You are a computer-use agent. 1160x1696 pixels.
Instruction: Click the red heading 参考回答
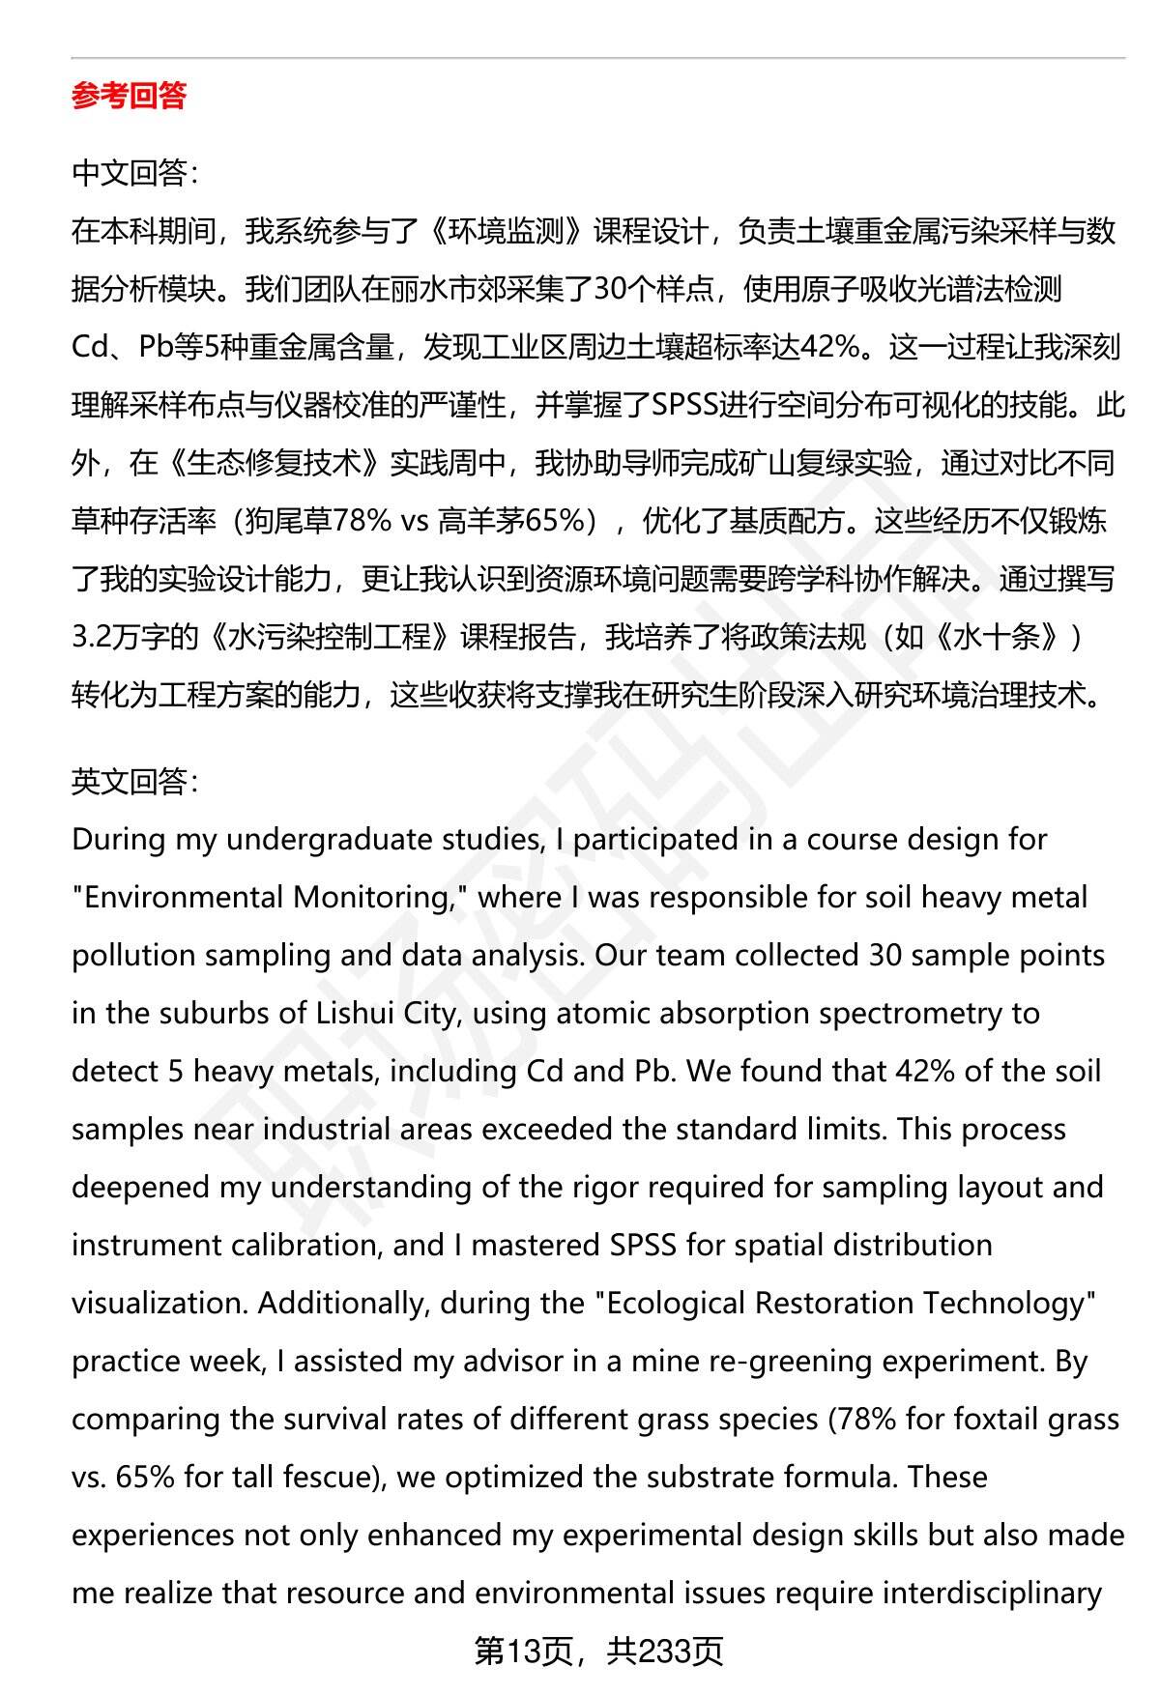(129, 96)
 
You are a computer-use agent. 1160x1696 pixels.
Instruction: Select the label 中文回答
(132, 173)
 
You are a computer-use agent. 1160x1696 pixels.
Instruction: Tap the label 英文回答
(132, 781)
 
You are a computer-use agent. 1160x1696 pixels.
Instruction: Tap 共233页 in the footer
(665, 1652)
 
